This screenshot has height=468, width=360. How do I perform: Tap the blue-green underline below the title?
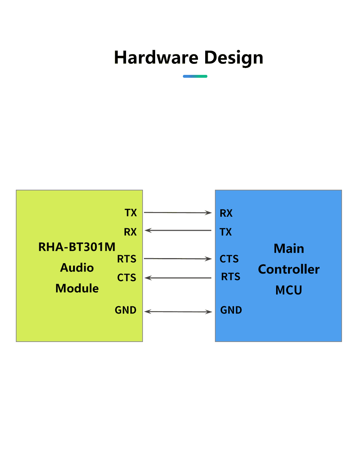coord(195,76)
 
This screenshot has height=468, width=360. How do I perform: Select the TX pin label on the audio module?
coord(131,213)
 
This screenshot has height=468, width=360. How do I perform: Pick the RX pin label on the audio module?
coord(130,232)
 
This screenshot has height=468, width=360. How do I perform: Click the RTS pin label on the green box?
coord(127,259)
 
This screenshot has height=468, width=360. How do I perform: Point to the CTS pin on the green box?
coord(127,278)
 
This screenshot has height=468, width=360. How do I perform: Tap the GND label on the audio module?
coord(126,310)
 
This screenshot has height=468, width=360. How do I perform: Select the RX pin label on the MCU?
coord(226,213)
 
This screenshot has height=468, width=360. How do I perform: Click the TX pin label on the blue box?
coord(226,232)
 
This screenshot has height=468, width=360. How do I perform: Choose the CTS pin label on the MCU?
coord(229,259)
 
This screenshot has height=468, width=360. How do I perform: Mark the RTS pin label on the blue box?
coord(230,276)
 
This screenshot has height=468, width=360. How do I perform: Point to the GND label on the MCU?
coord(231,310)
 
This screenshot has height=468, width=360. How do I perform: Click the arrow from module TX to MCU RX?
coord(178,213)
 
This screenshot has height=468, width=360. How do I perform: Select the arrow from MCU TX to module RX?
coord(178,230)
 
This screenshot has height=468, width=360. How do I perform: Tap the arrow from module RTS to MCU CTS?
coord(178,259)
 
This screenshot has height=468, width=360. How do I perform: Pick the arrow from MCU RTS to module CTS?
coord(178,278)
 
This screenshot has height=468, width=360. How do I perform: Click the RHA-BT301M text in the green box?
coord(77,247)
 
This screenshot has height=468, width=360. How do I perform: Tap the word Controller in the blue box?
coord(289,269)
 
